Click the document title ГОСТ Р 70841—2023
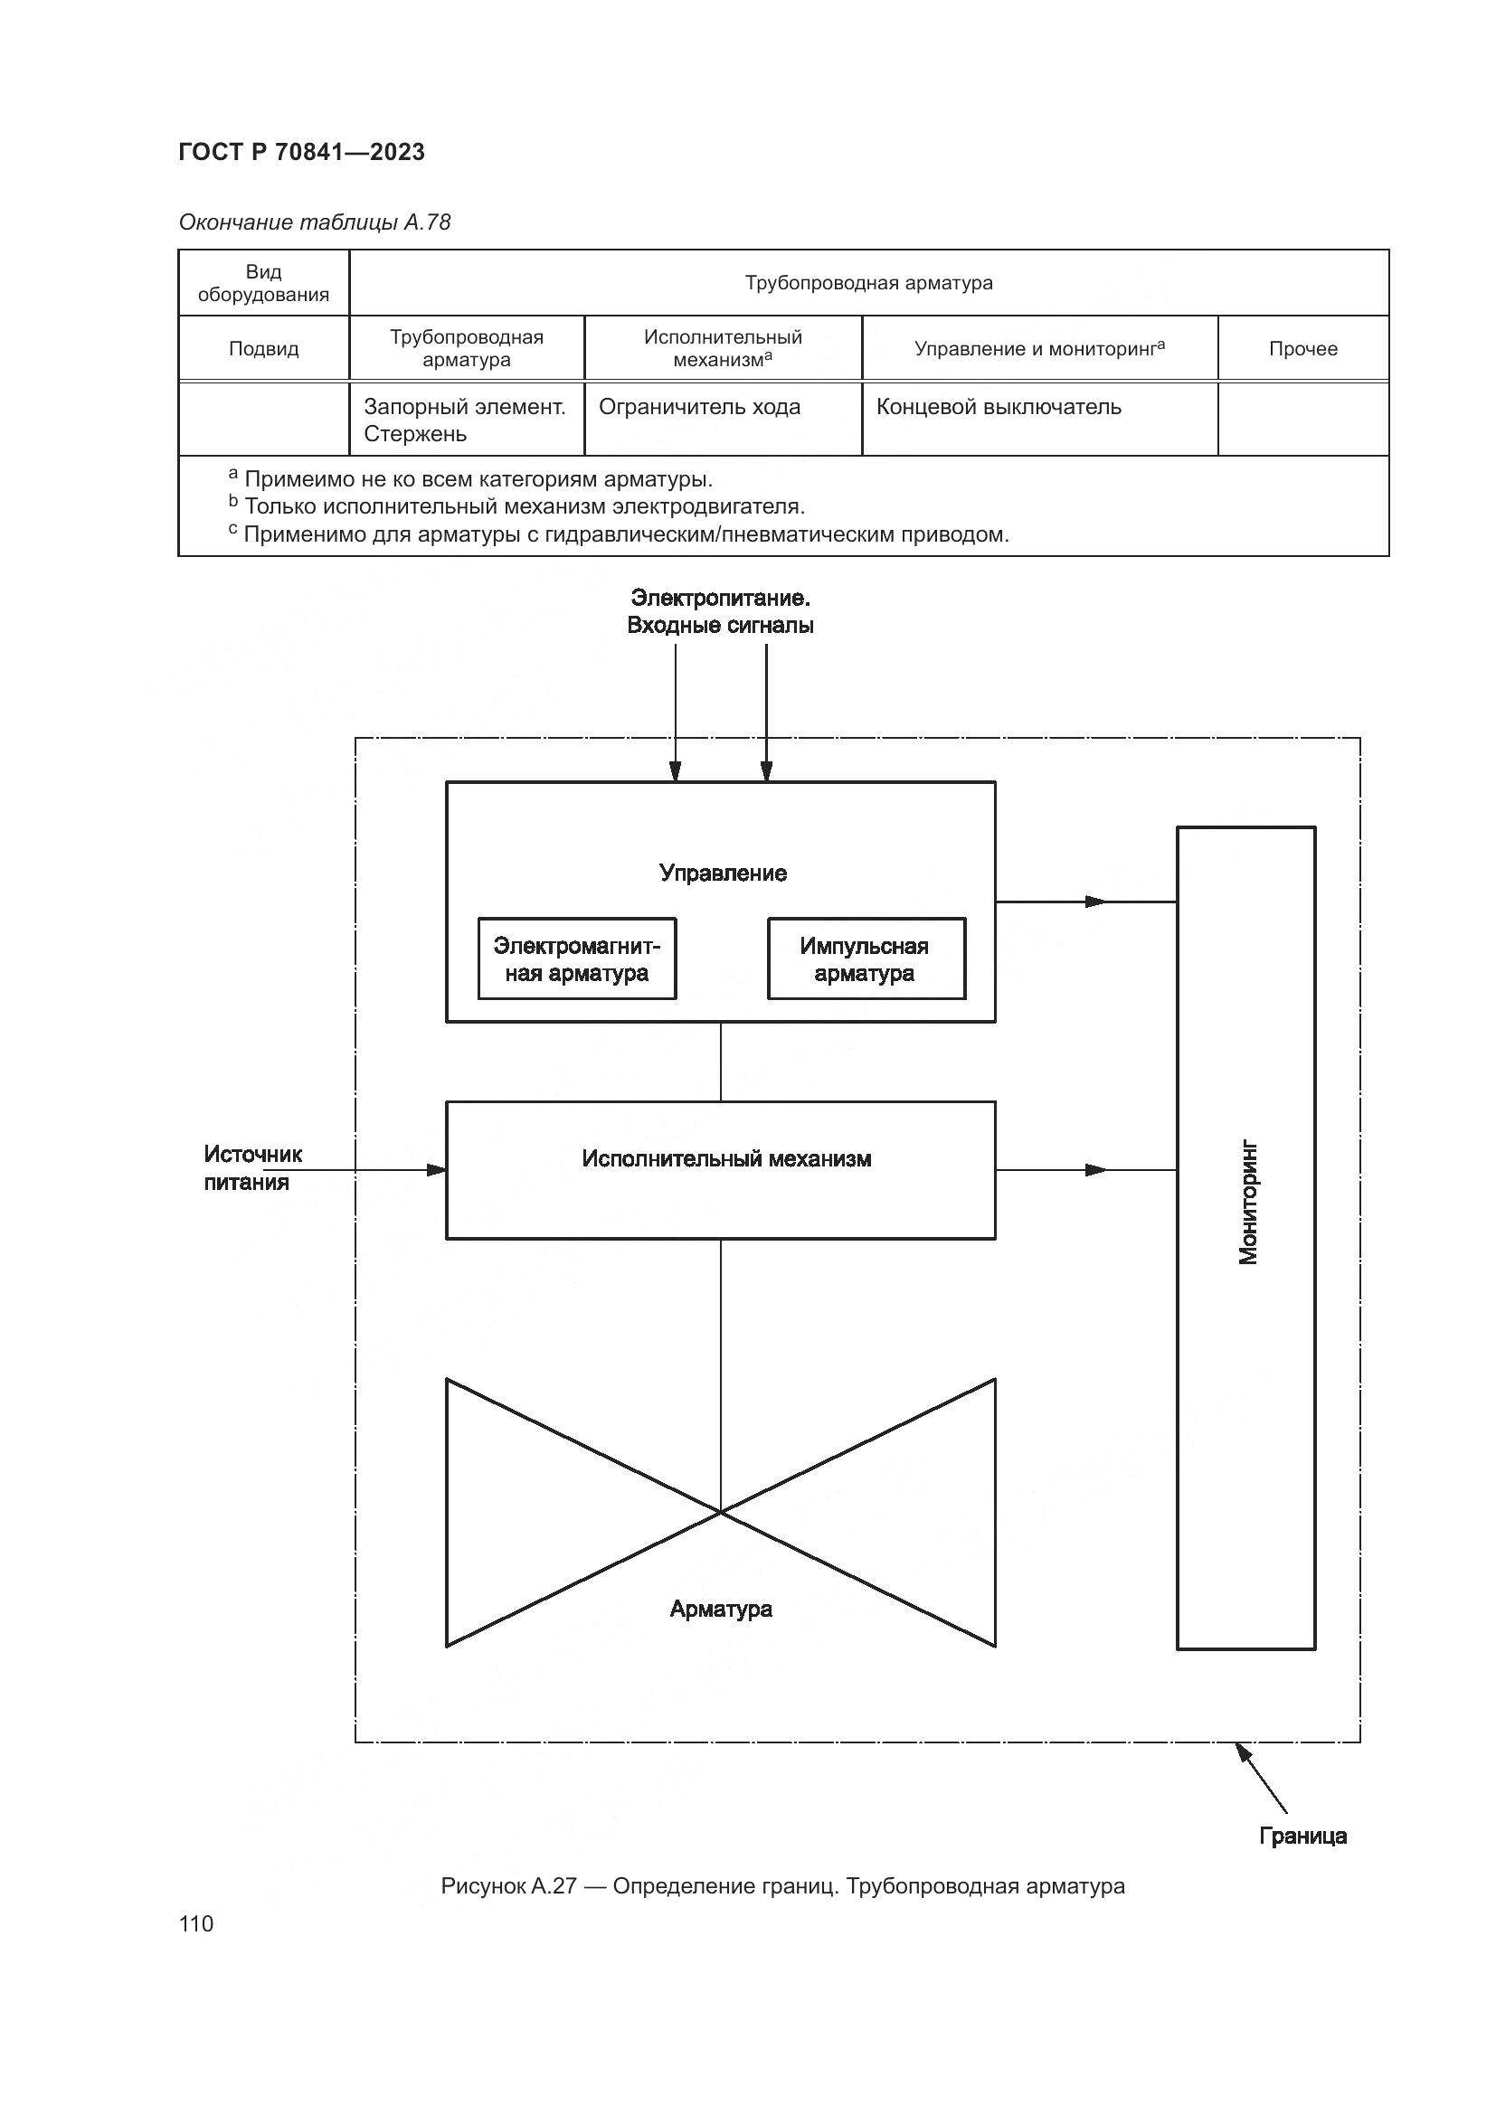click(301, 152)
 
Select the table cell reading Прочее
click(1302, 348)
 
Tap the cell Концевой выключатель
click(999, 407)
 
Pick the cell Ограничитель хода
click(699, 407)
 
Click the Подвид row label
click(263, 349)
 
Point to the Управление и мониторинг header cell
click(1039, 348)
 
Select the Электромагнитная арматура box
click(577, 958)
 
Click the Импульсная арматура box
click(866, 958)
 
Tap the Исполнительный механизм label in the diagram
click(726, 1159)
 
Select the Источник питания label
click(252, 1168)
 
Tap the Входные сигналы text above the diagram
click(719, 626)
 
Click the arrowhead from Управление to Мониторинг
click(1096, 902)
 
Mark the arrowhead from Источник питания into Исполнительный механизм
click(437, 1170)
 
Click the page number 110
click(196, 1923)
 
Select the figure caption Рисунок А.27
click(782, 1885)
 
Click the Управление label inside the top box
click(724, 873)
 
